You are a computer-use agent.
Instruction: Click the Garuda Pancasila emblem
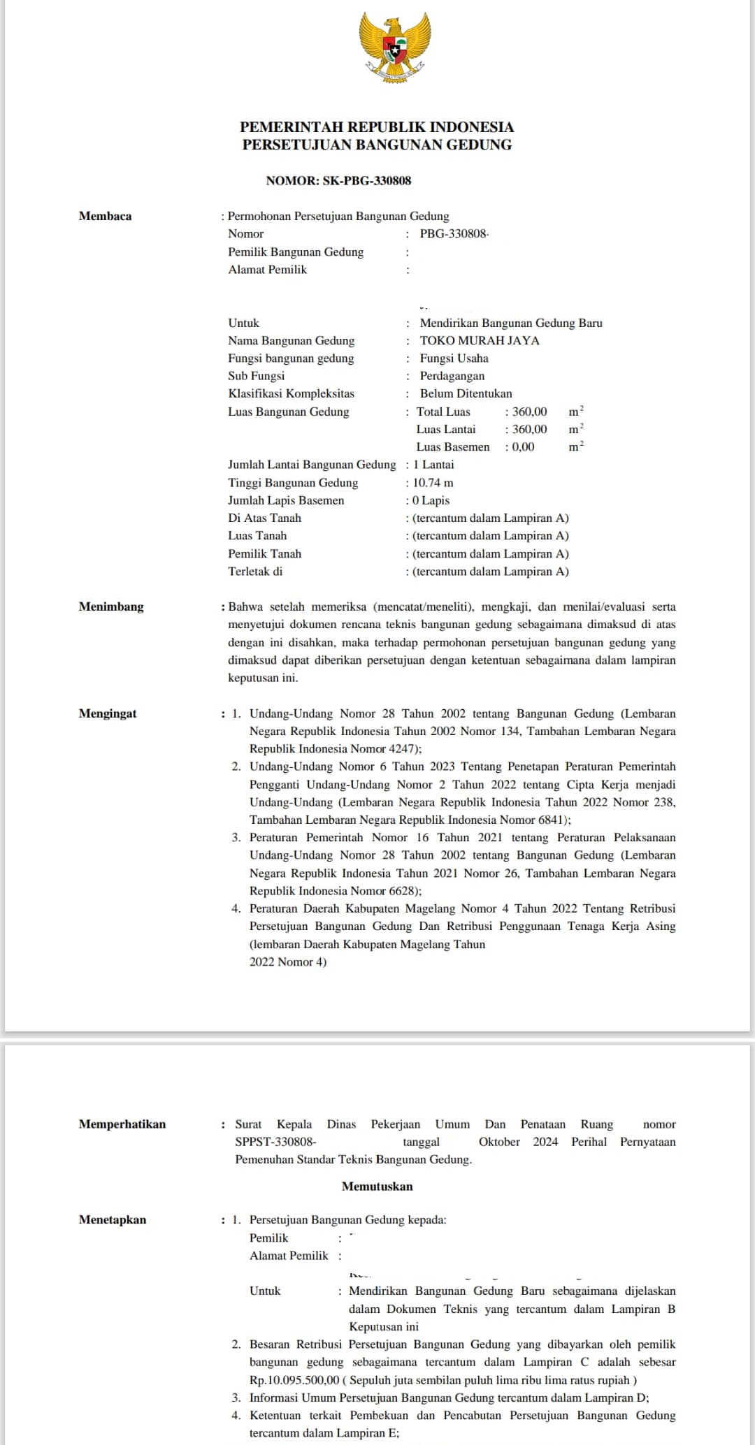[394, 46]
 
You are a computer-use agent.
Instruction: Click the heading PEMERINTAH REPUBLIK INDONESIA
[377, 127]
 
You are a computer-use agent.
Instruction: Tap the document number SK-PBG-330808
[366, 181]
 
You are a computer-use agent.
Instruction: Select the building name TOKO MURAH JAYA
[480, 341]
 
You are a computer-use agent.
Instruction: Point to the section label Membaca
[105, 217]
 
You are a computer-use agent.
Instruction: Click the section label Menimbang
[111, 607]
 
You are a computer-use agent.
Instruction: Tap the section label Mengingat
[108, 713]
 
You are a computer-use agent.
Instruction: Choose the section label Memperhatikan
[122, 1124]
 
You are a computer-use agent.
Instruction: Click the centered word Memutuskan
[377, 1186]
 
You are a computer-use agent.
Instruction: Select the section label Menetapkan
[113, 1220]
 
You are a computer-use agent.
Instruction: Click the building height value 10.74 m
[433, 483]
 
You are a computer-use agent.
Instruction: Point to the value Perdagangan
[452, 376]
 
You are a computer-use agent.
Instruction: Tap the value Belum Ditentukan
[466, 394]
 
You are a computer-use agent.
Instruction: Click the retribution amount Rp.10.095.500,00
[294, 1380]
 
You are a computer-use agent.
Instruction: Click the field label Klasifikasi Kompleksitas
[291, 394]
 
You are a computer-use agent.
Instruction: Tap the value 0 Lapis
[431, 500]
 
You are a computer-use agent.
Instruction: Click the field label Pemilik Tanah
[264, 554]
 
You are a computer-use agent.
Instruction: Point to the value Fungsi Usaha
[454, 358]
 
